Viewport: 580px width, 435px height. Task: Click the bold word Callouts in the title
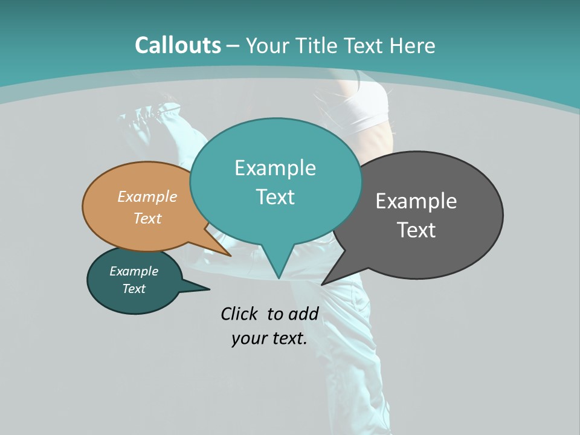coord(178,45)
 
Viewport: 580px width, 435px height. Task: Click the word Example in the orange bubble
coord(147,196)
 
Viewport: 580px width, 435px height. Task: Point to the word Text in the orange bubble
coord(147,218)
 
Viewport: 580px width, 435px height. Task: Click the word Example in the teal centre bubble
coord(275,168)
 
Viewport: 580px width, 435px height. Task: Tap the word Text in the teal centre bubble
coord(275,197)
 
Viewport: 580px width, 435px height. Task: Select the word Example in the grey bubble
coord(416,201)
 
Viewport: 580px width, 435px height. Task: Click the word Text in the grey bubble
coord(416,230)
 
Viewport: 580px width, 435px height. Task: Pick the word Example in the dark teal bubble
coord(134,271)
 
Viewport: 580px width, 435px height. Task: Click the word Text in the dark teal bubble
coord(134,289)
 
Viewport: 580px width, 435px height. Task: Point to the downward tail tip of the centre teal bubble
coord(279,276)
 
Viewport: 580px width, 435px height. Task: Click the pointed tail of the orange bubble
coord(227,253)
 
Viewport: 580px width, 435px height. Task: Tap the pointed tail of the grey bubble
coord(326,281)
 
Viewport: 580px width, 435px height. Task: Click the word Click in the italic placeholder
coord(239,314)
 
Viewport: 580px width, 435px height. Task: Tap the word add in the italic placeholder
coord(303,314)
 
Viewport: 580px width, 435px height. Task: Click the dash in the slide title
coord(233,46)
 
